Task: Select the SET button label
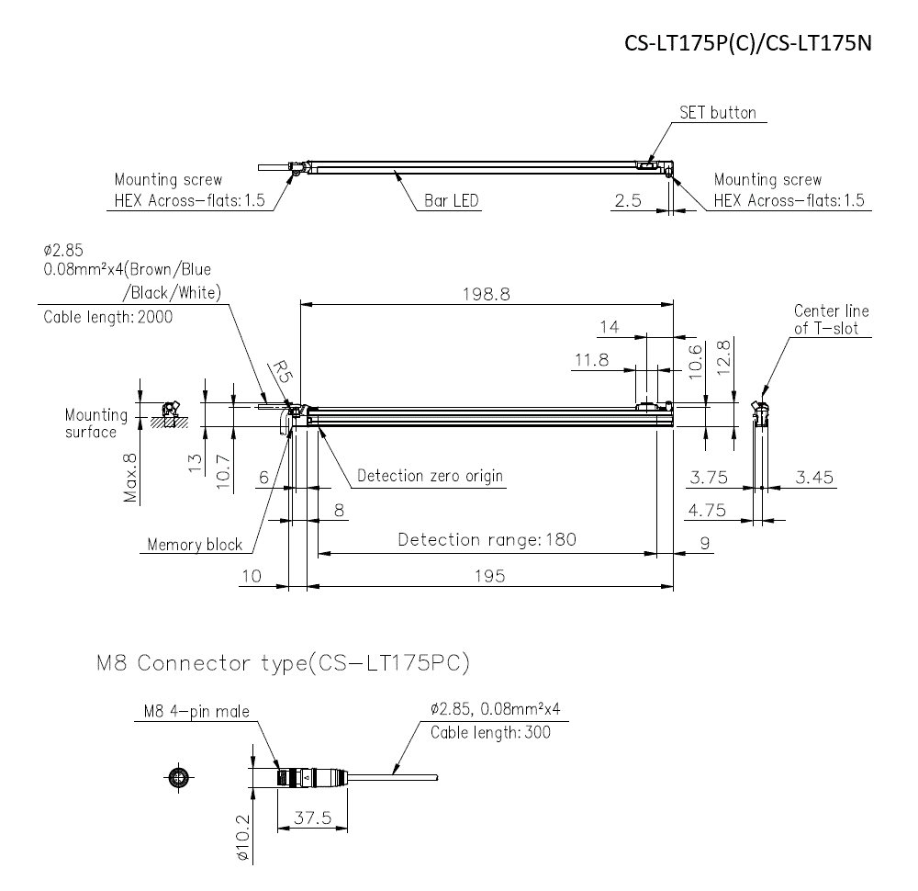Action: pos(717,113)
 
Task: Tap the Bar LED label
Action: pos(451,201)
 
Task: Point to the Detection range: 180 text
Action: pos(487,539)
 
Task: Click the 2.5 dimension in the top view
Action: pos(628,201)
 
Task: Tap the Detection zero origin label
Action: pos(430,477)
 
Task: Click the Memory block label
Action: pos(195,545)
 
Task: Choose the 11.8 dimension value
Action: pos(591,360)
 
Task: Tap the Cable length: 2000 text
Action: pos(107,317)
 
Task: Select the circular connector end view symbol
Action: pos(180,778)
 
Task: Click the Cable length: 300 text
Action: pos(491,732)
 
